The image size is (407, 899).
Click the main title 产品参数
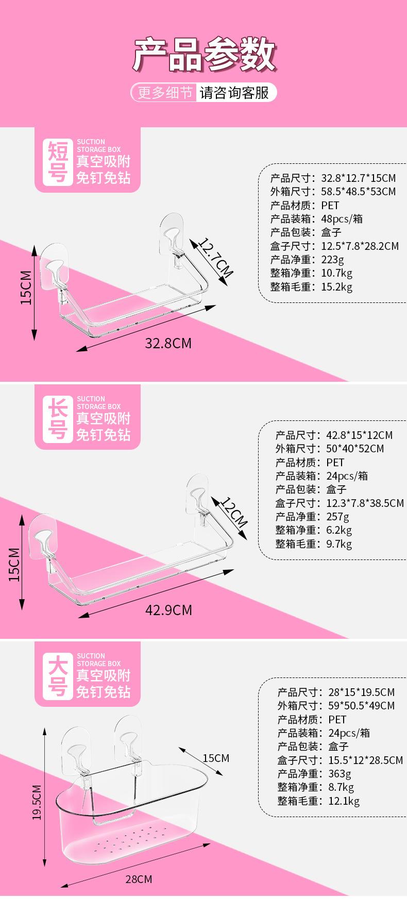[203, 55]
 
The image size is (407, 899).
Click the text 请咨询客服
[234, 93]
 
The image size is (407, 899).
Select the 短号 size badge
[58, 162]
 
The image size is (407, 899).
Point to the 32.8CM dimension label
[168, 343]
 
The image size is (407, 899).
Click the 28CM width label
[139, 879]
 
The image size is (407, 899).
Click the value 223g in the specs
[332, 260]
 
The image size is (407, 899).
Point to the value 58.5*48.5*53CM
[359, 192]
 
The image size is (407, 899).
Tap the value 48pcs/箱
[342, 219]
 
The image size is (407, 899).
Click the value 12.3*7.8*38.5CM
[365, 503]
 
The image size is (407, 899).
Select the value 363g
[340, 773]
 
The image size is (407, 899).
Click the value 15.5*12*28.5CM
[365, 760]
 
